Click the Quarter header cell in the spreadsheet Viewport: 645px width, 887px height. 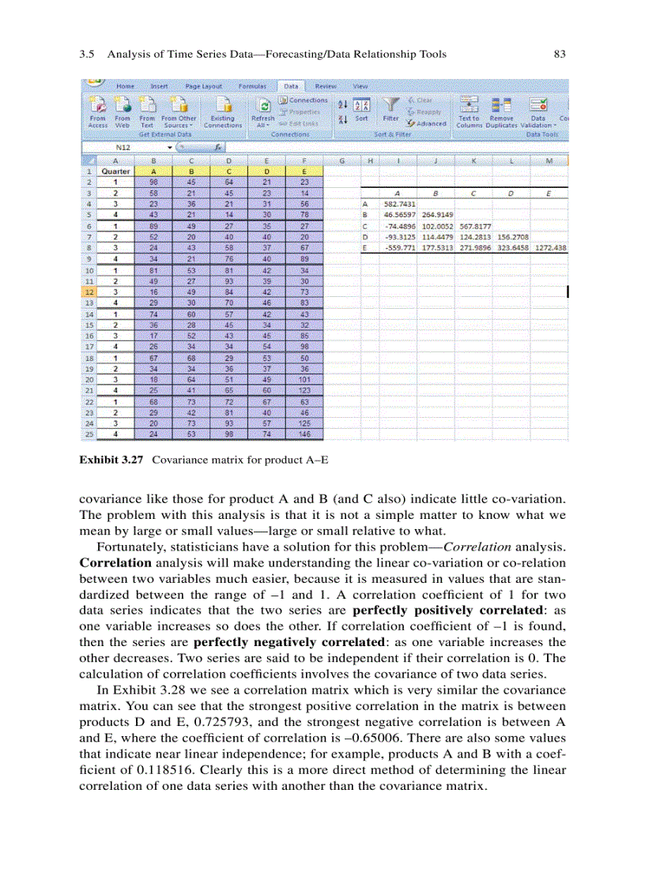(x=116, y=171)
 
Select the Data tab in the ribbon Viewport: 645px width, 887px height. (x=291, y=85)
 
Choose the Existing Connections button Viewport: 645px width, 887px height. (x=223, y=111)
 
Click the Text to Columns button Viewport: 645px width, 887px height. (x=469, y=111)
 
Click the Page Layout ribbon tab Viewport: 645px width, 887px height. (x=203, y=85)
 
